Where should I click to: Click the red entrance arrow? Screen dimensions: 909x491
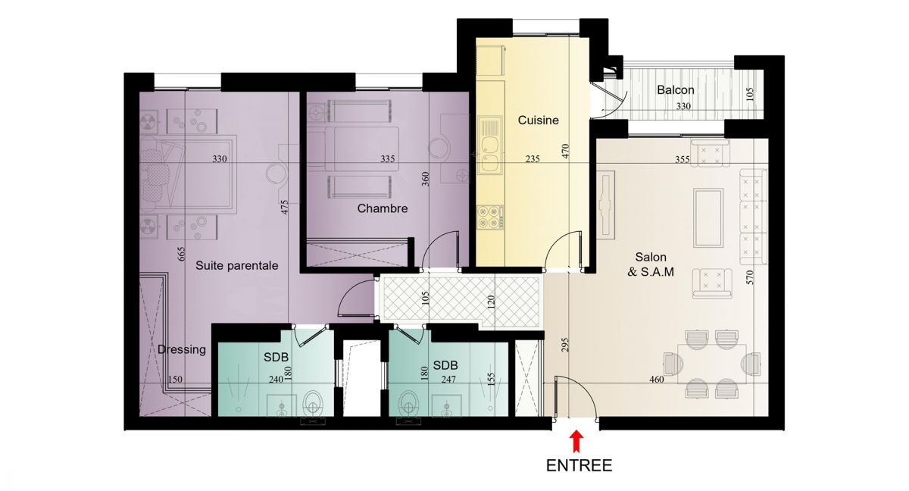tap(576, 442)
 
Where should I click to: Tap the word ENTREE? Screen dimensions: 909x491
tap(579, 466)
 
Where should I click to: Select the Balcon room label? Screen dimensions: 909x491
tap(676, 90)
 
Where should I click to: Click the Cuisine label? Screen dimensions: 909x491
tap(538, 120)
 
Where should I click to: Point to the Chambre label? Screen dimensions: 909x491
tap(383, 208)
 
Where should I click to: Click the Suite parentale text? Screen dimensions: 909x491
tap(237, 266)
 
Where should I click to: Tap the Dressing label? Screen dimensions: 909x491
tap(182, 350)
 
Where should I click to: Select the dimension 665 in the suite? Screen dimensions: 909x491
tap(181, 254)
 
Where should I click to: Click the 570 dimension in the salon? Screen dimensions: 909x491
tap(749, 277)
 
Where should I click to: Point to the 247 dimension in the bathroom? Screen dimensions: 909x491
tap(448, 380)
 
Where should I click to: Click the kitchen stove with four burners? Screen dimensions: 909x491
tap(490, 217)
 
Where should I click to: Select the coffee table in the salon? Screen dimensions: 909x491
tap(708, 217)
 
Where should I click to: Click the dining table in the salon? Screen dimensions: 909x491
tap(712, 363)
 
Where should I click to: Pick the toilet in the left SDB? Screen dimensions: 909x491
tap(312, 403)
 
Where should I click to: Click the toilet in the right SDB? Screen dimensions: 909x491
tap(408, 403)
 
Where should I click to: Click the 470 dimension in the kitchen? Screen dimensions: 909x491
tap(566, 151)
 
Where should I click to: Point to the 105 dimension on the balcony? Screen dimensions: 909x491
tap(749, 94)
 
